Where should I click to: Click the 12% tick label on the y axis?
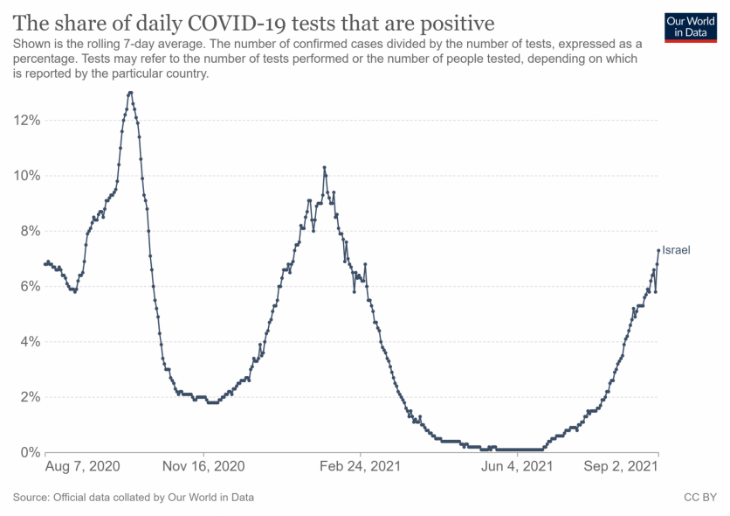(25, 120)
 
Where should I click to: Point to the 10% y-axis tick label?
(25, 175)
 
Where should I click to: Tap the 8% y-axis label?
(29, 231)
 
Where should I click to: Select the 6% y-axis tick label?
(29, 286)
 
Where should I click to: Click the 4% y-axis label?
(29, 341)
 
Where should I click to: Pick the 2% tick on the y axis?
(29, 397)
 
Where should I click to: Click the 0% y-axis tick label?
(29, 452)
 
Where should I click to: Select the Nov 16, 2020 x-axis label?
(203, 467)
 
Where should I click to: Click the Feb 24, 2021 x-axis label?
(360, 467)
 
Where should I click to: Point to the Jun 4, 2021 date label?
(517, 467)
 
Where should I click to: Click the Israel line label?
(676, 250)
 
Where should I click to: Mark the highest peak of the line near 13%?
(129, 93)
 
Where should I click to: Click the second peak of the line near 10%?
(324, 167)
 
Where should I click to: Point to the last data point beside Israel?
(658, 250)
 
